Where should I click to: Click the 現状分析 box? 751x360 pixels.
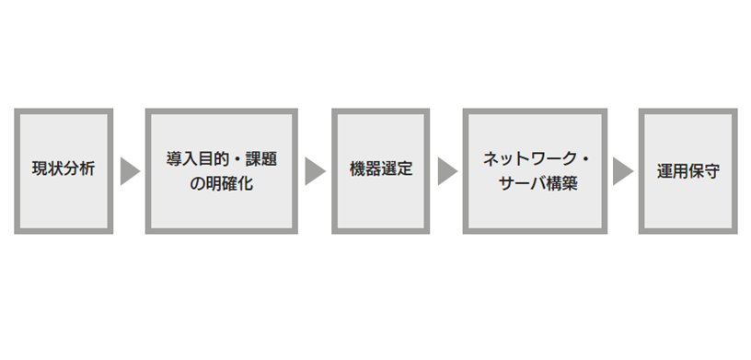click(64, 171)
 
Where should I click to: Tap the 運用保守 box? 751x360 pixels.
click(687, 171)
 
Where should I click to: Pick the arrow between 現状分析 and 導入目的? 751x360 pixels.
click(129, 171)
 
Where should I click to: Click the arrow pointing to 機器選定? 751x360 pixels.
click(315, 171)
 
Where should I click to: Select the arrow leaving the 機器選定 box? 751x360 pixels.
click(446, 171)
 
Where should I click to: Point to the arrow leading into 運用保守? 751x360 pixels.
click(622, 171)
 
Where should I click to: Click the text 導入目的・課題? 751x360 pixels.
click(221, 159)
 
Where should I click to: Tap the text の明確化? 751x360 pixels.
click(221, 184)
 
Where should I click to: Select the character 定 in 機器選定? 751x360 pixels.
click(405, 171)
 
